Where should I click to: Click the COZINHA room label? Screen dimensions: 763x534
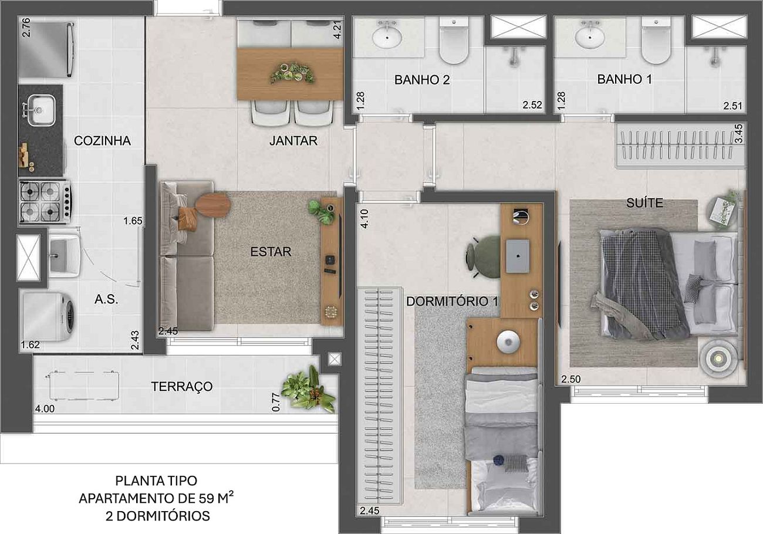(102, 141)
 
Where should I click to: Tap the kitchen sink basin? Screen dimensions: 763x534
(42, 110)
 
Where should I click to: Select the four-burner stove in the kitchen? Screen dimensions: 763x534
(45, 202)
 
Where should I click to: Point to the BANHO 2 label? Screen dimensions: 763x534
(422, 80)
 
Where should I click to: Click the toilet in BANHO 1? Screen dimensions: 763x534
(656, 40)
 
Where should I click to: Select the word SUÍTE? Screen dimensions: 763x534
(644, 203)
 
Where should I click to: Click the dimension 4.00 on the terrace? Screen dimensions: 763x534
(45, 408)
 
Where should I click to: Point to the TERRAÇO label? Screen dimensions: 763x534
(182, 387)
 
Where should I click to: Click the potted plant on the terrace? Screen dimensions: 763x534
(308, 389)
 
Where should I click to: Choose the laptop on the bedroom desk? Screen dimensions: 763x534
(518, 256)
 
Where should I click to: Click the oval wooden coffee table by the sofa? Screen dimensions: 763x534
(213, 205)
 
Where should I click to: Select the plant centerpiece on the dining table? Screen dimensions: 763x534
(292, 73)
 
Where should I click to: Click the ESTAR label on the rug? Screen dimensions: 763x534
(271, 252)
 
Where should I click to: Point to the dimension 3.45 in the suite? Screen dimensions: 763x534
(738, 133)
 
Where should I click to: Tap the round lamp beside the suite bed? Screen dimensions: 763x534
(718, 359)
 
